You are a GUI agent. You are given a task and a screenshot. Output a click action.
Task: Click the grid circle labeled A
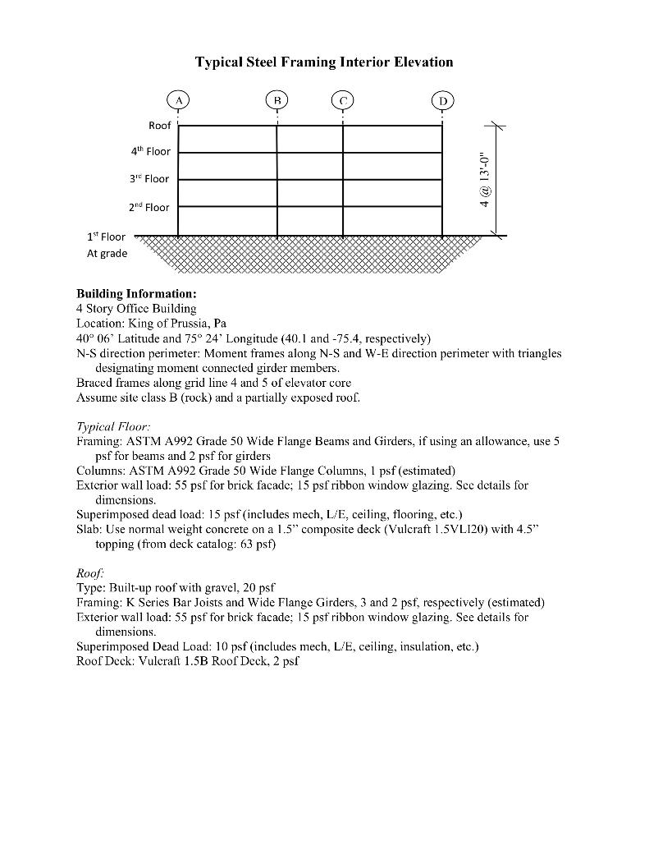point(178,100)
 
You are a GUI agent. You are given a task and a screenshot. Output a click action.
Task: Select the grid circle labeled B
point(277,100)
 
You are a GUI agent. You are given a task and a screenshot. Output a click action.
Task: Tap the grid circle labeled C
point(343,100)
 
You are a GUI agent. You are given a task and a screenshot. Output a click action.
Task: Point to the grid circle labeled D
point(442,100)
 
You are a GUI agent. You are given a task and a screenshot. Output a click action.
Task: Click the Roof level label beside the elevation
point(159,126)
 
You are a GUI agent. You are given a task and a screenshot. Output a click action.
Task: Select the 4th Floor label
point(149,151)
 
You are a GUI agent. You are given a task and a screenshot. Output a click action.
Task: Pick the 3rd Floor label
point(149,178)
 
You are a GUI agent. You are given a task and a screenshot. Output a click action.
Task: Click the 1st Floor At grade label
point(107,245)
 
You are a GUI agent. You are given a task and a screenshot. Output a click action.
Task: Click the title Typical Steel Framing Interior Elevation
point(323,62)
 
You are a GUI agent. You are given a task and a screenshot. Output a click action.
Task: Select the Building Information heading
point(136,294)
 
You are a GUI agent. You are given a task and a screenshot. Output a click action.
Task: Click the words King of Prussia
point(168,323)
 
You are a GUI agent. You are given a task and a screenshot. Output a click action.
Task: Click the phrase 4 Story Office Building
point(136,309)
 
